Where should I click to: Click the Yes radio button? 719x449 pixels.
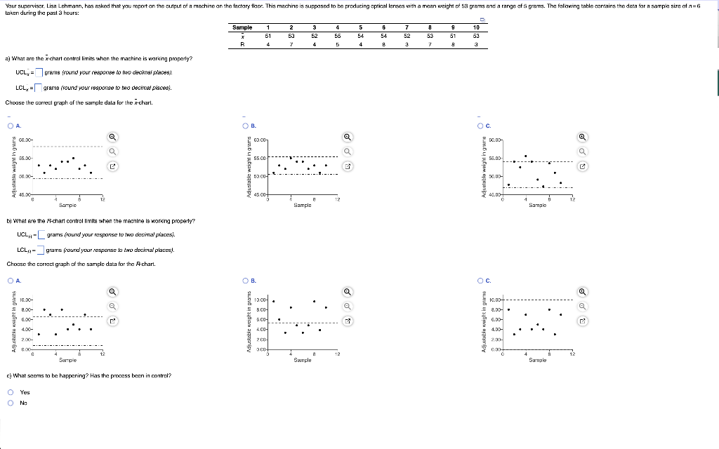pos(11,393)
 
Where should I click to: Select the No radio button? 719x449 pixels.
pos(11,403)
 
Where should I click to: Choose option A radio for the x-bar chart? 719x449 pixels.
pos(11,126)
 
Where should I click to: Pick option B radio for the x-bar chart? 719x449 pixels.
pos(244,126)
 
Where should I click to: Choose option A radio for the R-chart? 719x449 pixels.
pos(11,281)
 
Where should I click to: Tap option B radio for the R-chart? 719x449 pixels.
pos(244,281)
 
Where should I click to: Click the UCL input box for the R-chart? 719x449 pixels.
pos(41,234)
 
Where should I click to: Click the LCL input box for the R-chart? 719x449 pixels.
pos(41,250)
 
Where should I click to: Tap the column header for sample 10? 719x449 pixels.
pos(475,27)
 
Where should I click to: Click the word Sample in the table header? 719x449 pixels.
pos(242,27)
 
